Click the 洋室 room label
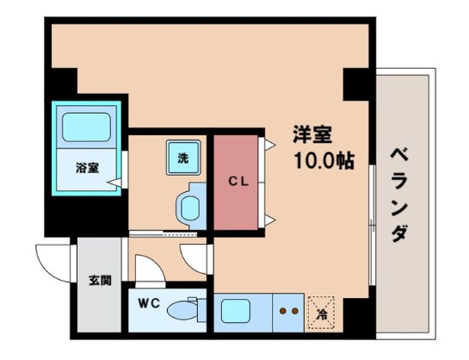click(x=312, y=135)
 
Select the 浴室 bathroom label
click(x=86, y=167)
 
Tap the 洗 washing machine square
click(x=182, y=157)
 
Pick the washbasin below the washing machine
click(x=189, y=206)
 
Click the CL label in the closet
click(x=238, y=181)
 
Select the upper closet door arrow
click(x=270, y=146)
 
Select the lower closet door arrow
click(x=270, y=220)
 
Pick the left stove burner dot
click(x=283, y=308)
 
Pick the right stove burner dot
click(x=296, y=308)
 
